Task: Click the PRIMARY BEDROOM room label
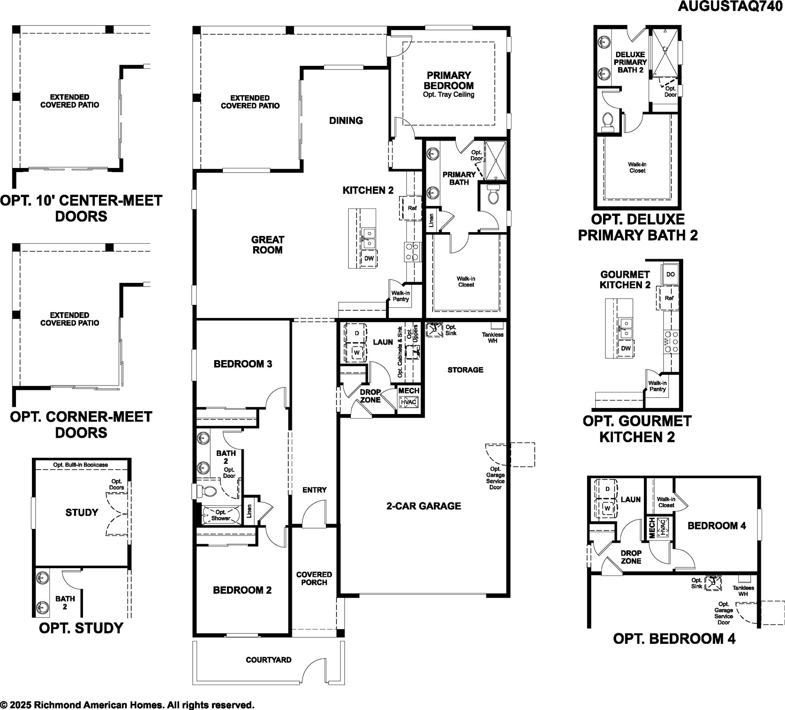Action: pyautogui.click(x=449, y=81)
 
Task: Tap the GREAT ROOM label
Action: pyautogui.click(x=267, y=245)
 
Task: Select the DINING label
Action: pyautogui.click(x=346, y=121)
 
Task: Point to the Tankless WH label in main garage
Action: pyautogui.click(x=492, y=338)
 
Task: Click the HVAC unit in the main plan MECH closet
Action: pyautogui.click(x=408, y=402)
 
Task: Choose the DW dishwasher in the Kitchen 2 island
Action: pyautogui.click(x=369, y=258)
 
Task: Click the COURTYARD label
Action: pyautogui.click(x=269, y=660)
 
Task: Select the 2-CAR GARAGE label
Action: pyautogui.click(x=424, y=506)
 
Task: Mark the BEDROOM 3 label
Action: pyautogui.click(x=243, y=364)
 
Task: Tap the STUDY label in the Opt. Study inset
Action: pyautogui.click(x=82, y=513)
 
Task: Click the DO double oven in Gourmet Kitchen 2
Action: pyautogui.click(x=671, y=274)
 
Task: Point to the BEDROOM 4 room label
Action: pyautogui.click(x=717, y=526)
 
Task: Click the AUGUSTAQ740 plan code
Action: pyautogui.click(x=730, y=7)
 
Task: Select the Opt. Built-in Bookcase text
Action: pyautogui.click(x=81, y=465)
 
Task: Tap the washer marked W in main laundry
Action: pyautogui.click(x=357, y=352)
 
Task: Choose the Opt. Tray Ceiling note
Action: pyautogui.click(x=449, y=95)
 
